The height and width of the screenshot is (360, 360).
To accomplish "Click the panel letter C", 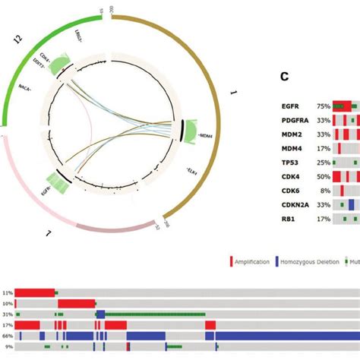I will click(284, 76).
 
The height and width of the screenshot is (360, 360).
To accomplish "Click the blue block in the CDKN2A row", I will click(351, 204).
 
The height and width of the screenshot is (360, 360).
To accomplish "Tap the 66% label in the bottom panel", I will click(8, 335).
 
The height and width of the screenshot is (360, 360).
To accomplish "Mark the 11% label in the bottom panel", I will click(8, 292).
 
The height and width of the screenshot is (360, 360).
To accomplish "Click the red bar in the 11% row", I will click(35, 292).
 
